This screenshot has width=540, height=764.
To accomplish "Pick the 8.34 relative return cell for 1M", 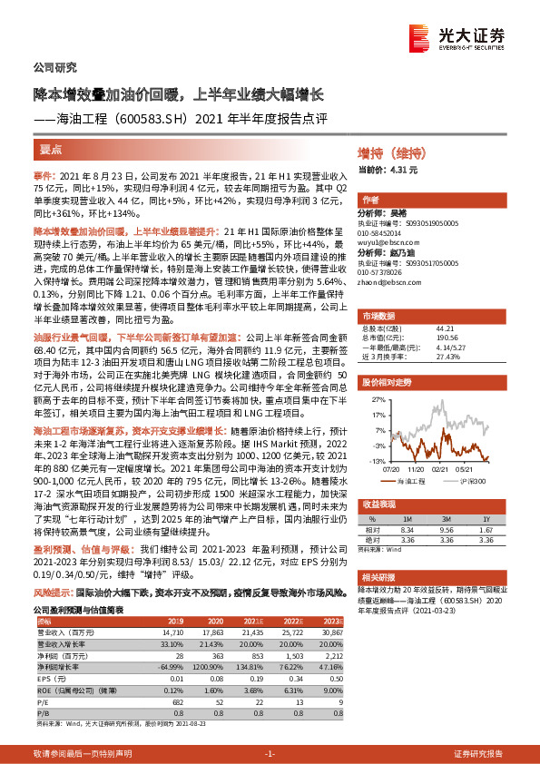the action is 407,526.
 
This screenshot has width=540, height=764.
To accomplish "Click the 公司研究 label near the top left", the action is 54,67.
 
